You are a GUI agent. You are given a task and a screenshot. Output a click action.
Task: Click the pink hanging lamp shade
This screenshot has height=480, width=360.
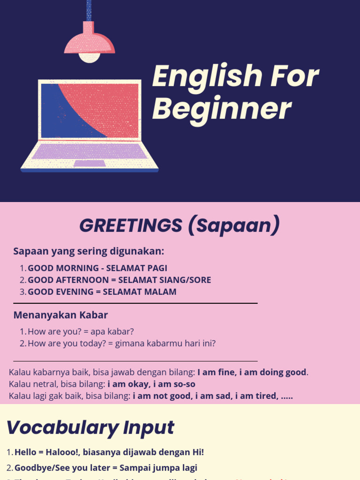89,40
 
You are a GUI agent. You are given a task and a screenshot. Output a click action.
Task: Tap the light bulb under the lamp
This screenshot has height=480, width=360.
89,57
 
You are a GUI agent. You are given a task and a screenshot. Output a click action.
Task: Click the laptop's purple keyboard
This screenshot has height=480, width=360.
89,151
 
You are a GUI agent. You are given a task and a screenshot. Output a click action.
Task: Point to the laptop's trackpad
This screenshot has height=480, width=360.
89,164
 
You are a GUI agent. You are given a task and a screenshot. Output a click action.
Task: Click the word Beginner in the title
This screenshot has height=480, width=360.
222,110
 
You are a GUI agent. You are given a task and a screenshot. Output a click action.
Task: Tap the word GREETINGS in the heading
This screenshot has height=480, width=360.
130,226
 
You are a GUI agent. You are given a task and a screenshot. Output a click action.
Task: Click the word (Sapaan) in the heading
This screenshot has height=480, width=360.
234,226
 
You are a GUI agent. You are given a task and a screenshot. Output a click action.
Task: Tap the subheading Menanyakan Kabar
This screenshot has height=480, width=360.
60,315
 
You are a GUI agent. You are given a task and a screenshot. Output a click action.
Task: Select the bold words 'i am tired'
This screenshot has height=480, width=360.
255,396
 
